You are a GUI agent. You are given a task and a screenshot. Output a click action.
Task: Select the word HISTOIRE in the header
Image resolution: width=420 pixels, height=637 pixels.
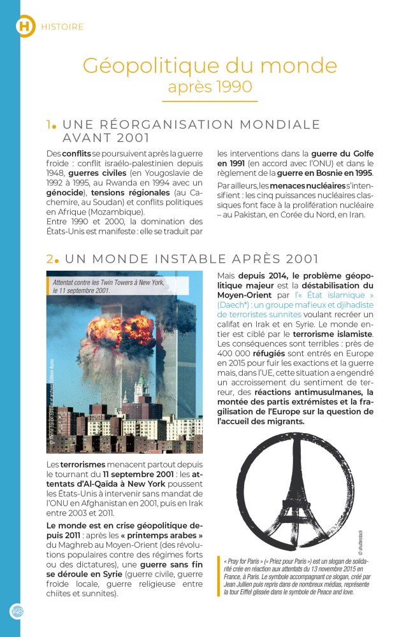point(62,27)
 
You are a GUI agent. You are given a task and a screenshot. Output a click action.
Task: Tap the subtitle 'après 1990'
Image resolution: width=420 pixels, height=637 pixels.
point(210,86)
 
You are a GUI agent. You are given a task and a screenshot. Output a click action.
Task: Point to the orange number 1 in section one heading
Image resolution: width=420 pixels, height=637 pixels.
point(48,124)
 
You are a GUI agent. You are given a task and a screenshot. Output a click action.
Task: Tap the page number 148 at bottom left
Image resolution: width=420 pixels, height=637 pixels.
point(17,610)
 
